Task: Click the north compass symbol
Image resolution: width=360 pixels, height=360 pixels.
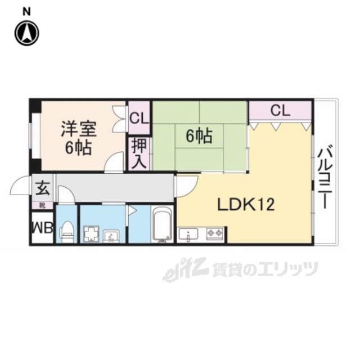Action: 26,33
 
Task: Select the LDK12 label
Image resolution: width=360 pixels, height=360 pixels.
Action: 246,205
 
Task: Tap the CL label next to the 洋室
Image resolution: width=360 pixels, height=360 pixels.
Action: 139,119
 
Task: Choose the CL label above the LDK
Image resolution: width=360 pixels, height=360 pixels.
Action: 280,110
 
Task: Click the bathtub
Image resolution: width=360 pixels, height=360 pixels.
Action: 163,225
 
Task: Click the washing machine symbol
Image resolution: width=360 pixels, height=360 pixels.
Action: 91,233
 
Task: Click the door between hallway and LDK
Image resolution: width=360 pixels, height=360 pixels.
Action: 186,186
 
